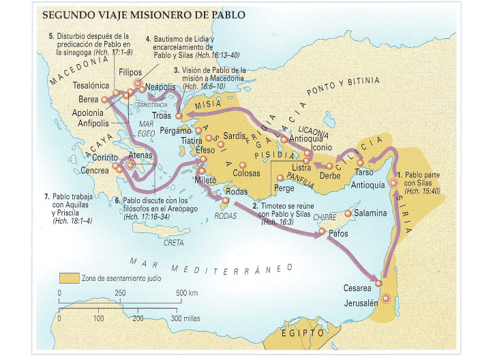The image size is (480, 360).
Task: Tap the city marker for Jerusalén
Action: [x=387, y=299]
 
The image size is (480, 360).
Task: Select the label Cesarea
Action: [x=359, y=288]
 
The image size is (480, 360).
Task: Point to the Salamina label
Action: [x=372, y=213]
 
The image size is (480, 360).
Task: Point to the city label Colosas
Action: [x=246, y=173]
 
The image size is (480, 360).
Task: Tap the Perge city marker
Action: [x=280, y=177]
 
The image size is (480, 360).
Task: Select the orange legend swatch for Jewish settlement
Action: [x=68, y=278]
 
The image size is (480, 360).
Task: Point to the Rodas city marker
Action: [x=226, y=201]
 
